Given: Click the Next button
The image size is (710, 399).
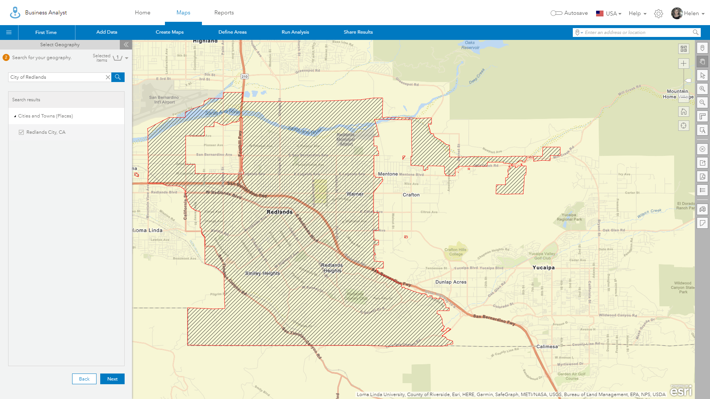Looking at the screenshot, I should click(112, 379).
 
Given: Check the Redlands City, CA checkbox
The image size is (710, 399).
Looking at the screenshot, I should click(21, 132).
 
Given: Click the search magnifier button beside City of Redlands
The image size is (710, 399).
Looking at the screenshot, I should click(118, 77).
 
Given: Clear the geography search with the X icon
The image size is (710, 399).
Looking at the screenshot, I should click(108, 77).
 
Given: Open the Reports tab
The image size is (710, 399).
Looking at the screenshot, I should click(224, 13).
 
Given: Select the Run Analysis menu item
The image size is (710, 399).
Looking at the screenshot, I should click(295, 32).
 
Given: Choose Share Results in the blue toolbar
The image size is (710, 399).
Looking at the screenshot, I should click(358, 32).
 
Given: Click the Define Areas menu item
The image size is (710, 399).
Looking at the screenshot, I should click(232, 32).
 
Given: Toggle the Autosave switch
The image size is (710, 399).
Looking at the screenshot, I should click(556, 13).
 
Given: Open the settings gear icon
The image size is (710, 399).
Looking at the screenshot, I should click(658, 14).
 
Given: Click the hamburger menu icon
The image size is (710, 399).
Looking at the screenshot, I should click(9, 33).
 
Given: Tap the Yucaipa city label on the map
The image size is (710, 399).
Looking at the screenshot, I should click(543, 267).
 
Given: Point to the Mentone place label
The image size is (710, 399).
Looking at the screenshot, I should click(388, 174).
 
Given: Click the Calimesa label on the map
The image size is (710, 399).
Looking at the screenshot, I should click(547, 347).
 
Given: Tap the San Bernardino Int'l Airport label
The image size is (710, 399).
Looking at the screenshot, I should click(164, 100).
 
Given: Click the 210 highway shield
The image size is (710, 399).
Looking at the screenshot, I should click(244, 76).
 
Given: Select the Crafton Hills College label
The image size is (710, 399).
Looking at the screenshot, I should click(456, 252).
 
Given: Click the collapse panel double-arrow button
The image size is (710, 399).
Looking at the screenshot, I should click(126, 45).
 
